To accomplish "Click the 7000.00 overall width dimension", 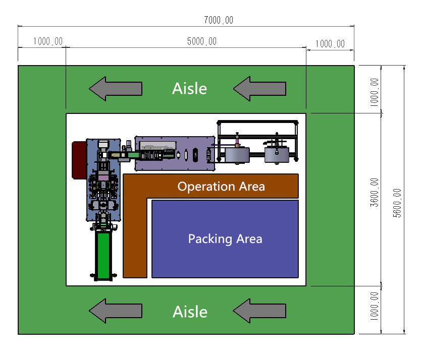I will pos(219,20).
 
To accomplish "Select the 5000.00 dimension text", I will pos(201,41).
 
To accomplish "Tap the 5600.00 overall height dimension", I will pos(397,203).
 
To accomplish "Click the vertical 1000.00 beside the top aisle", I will pos(374,91).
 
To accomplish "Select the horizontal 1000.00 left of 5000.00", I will pos(48,41).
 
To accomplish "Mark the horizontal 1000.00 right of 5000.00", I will pos(330,44).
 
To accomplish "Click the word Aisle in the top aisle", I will pos(189,89).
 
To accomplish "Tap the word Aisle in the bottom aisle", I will pos(190,312).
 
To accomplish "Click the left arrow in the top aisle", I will pos(115,89).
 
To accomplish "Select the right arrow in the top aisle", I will pos(259,89).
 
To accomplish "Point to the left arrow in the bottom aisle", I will pos(115,311).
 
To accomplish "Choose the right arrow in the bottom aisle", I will pos(259,311).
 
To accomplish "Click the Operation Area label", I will pos(221,187).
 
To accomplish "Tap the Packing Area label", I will pos(225,238).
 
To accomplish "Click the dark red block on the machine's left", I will pos(79,160).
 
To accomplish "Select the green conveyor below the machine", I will pos(103,255).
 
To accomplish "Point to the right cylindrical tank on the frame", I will pos(276,154).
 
